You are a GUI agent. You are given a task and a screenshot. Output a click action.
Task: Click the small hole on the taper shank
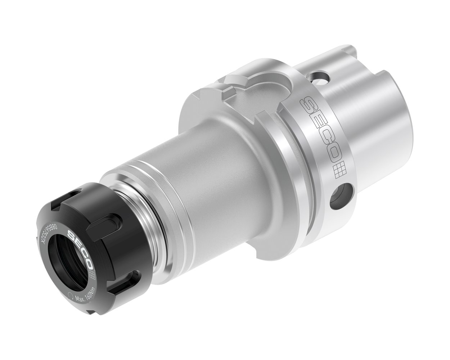tap(320, 76)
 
